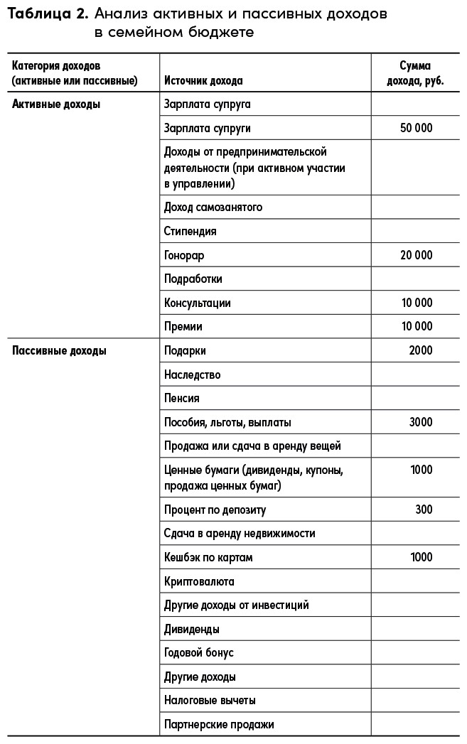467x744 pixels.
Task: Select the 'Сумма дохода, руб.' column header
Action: click(x=415, y=73)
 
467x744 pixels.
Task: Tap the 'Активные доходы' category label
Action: click(x=56, y=104)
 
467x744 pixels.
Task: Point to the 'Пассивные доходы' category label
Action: click(x=60, y=350)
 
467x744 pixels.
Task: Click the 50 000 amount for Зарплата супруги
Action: click(x=416, y=129)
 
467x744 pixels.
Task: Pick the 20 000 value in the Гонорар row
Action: click(x=416, y=255)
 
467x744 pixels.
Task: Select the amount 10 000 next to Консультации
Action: click(x=416, y=303)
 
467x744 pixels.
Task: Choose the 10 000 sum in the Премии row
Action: click(x=416, y=327)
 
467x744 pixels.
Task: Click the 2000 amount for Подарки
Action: click(x=421, y=350)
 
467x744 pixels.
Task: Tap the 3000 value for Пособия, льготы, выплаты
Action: click(x=421, y=422)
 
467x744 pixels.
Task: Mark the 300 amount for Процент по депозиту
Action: click(x=424, y=510)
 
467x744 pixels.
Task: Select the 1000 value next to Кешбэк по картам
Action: click(x=421, y=557)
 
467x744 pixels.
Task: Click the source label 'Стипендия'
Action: click(x=190, y=231)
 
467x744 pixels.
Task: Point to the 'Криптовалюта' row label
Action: click(x=199, y=581)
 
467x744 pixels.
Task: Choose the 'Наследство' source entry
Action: click(x=192, y=374)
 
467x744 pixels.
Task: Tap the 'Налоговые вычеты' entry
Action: click(x=210, y=701)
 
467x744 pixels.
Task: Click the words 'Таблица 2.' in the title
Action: click(x=48, y=14)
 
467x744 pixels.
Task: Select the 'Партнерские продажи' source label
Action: click(x=219, y=725)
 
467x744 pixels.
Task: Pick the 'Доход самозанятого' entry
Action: click(x=213, y=207)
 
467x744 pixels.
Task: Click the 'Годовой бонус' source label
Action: click(x=198, y=653)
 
